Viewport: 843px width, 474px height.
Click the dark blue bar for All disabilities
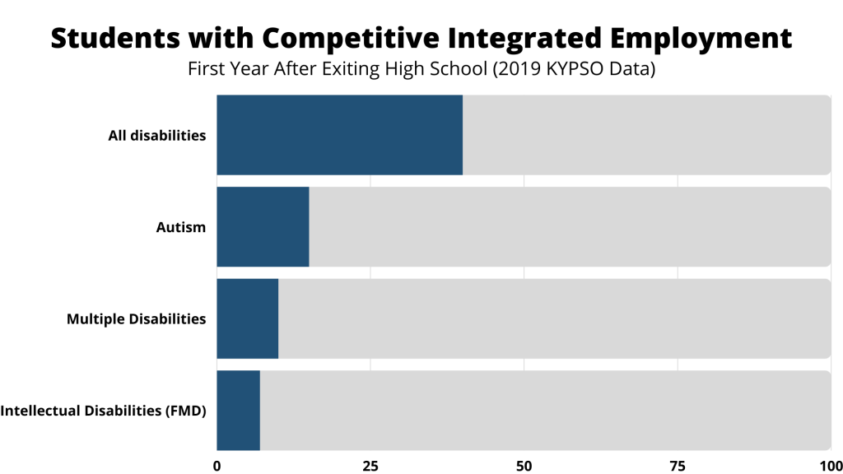click(339, 135)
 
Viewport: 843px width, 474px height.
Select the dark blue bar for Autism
click(263, 227)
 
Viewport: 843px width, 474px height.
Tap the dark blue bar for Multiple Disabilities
click(247, 318)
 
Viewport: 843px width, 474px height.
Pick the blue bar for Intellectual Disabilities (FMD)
click(238, 411)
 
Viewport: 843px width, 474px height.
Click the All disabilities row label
click(156, 136)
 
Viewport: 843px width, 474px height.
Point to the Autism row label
click(180, 227)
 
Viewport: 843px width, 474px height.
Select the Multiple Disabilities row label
click(136, 318)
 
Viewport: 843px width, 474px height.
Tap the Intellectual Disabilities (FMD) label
click(103, 411)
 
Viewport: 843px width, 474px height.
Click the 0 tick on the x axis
click(217, 465)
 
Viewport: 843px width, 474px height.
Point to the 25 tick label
click(370, 465)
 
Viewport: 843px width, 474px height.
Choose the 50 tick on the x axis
click(524, 465)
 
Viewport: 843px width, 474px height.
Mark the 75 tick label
click(678, 465)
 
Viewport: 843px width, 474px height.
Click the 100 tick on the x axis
click(829, 465)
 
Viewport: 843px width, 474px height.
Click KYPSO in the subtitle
click(575, 70)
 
